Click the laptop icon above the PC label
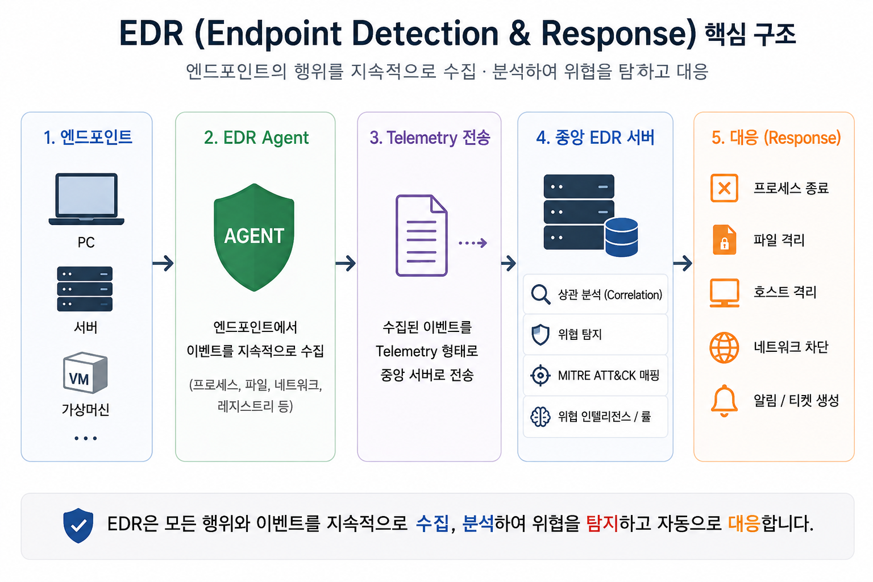(x=86, y=199)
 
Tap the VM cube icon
(x=85, y=372)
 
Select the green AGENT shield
(x=254, y=237)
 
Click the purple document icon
(x=421, y=235)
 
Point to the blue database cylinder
(x=621, y=237)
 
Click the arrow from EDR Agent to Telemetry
(x=346, y=263)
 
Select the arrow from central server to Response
(x=683, y=263)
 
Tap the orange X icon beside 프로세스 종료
(x=724, y=188)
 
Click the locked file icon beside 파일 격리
(x=724, y=239)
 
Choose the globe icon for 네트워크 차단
(x=724, y=347)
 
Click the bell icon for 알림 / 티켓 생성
(x=724, y=401)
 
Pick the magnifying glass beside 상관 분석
(x=541, y=294)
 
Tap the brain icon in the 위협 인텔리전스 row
(x=541, y=417)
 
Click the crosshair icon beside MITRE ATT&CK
(x=541, y=376)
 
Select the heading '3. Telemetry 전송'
(x=430, y=138)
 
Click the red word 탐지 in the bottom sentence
(x=602, y=523)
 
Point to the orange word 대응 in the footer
(x=744, y=523)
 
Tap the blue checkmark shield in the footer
(x=78, y=526)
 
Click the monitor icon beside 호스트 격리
(x=724, y=293)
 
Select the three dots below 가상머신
(x=85, y=439)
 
